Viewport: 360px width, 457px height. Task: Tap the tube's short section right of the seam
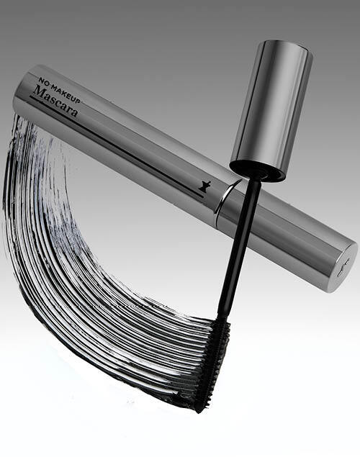(x=288, y=237)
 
